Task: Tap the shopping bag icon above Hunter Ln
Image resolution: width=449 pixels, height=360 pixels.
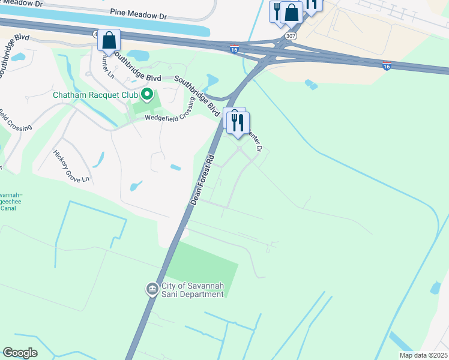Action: tap(109, 41)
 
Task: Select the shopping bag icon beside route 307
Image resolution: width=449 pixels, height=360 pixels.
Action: tap(292, 12)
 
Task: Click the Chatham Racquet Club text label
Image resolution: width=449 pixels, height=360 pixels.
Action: tap(95, 95)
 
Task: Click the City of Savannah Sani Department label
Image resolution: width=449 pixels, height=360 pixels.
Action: tap(193, 290)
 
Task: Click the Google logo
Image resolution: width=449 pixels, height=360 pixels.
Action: tap(20, 353)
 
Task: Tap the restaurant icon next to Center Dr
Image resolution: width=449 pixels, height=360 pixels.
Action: tap(238, 122)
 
